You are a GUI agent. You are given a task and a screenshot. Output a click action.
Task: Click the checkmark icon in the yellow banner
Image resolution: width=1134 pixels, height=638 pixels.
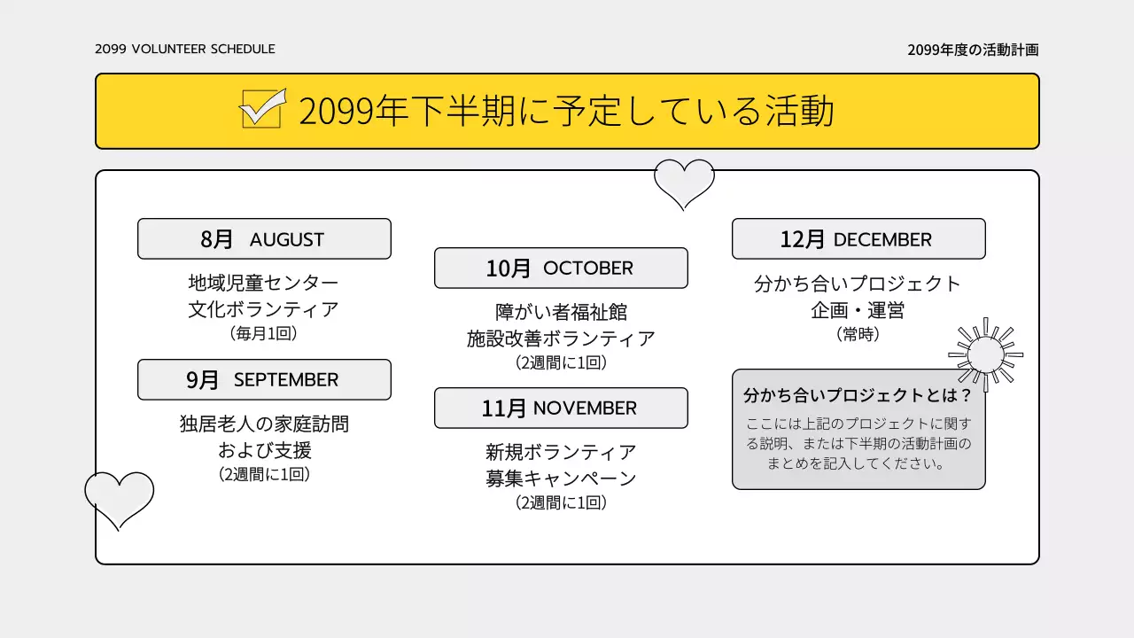tap(263, 109)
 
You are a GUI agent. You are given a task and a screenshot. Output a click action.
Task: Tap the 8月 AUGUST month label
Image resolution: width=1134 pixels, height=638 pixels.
tap(264, 239)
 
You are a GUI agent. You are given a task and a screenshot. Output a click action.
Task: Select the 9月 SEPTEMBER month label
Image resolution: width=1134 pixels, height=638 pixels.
tap(264, 379)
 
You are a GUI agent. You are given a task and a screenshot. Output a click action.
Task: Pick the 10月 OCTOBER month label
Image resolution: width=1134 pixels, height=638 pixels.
tap(561, 268)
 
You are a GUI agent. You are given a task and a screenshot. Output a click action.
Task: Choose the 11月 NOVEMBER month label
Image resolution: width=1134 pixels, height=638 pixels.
tap(561, 408)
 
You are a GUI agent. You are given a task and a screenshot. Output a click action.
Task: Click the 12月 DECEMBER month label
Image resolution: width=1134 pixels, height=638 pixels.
tap(858, 239)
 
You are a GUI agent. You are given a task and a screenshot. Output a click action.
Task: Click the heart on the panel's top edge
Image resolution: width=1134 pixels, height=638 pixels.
tap(684, 183)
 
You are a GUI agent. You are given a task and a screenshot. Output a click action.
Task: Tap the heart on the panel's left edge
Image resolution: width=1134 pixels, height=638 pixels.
tap(119, 498)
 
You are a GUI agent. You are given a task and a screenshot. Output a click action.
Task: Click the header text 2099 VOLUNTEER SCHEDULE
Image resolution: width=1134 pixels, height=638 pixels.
tap(185, 49)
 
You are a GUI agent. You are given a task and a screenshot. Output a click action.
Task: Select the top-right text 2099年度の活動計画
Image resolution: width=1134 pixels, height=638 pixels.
tap(973, 50)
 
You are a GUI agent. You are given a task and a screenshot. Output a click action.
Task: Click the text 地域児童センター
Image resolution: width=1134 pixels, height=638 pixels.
tap(264, 284)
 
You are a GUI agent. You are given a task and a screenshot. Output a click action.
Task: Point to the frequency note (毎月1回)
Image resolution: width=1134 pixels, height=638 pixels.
tap(264, 334)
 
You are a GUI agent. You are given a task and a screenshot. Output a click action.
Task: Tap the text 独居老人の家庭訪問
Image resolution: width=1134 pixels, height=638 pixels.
tap(264, 424)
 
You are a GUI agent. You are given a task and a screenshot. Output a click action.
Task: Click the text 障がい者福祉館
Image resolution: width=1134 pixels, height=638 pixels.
tap(561, 312)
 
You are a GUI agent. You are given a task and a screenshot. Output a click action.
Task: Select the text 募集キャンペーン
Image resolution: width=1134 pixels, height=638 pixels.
tap(561, 478)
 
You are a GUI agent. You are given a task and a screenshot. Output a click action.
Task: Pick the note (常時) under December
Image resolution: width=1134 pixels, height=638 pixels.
tap(858, 335)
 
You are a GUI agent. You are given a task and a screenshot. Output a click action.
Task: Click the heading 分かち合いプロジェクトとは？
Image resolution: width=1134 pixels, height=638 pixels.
tap(858, 395)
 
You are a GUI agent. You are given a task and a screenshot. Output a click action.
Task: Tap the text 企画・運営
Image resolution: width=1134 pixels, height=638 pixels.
tap(858, 311)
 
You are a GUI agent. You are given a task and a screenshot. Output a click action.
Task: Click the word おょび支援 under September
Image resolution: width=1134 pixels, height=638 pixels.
tap(264, 450)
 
